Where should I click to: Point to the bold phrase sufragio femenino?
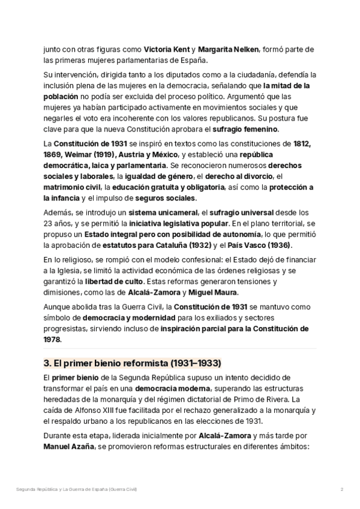[x=245, y=129]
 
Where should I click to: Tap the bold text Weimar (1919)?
[x=89, y=154]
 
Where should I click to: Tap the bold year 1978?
[x=52, y=339]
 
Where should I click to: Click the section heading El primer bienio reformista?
[x=133, y=363]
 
